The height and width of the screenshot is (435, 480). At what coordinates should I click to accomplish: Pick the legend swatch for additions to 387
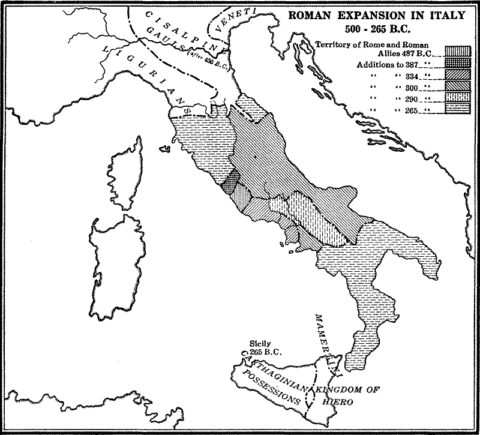455,63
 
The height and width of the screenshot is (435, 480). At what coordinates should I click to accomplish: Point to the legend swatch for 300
455,85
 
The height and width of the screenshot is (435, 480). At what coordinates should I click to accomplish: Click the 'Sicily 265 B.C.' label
260,349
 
